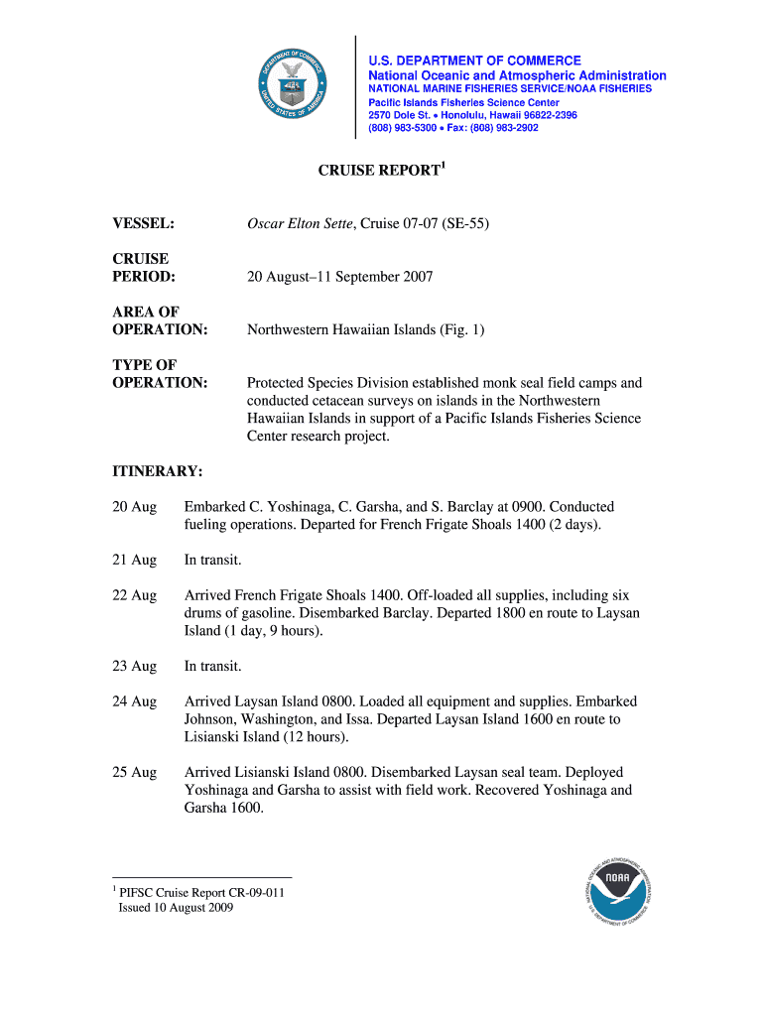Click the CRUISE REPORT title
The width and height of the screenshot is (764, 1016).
point(378,171)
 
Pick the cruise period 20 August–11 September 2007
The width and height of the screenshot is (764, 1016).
point(339,277)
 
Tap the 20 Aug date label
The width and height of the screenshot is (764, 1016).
point(134,507)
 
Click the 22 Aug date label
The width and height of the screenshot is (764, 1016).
point(134,595)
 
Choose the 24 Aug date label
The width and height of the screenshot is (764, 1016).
point(134,701)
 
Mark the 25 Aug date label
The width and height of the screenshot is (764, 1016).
point(134,772)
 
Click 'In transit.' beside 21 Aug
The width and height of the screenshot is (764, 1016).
point(213,561)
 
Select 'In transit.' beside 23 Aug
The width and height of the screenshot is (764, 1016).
point(213,666)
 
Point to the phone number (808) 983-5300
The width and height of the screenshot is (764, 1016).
point(402,128)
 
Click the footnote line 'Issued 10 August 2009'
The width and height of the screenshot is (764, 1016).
point(176,907)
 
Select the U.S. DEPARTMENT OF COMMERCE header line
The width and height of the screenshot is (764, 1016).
point(475,61)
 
